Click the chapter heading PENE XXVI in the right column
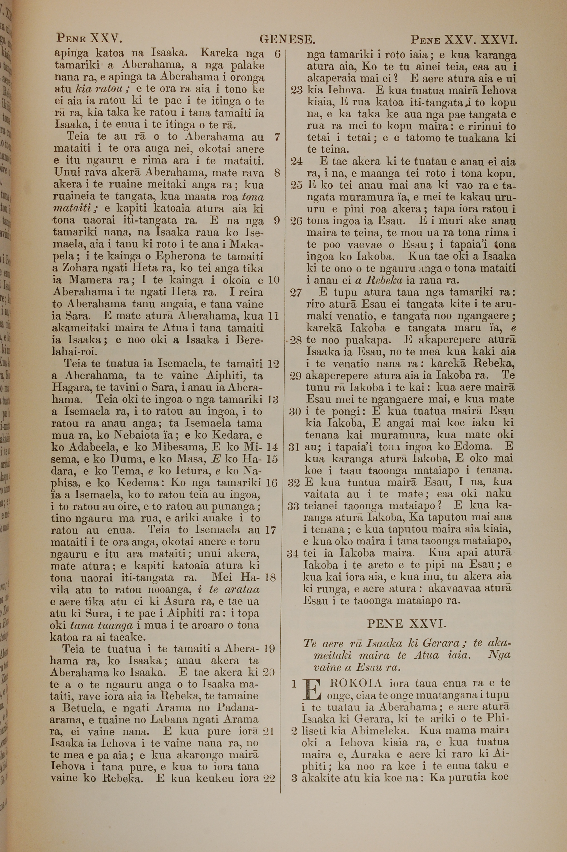coord(407,623)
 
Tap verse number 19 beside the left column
coord(269,648)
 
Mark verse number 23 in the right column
coord(297,90)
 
